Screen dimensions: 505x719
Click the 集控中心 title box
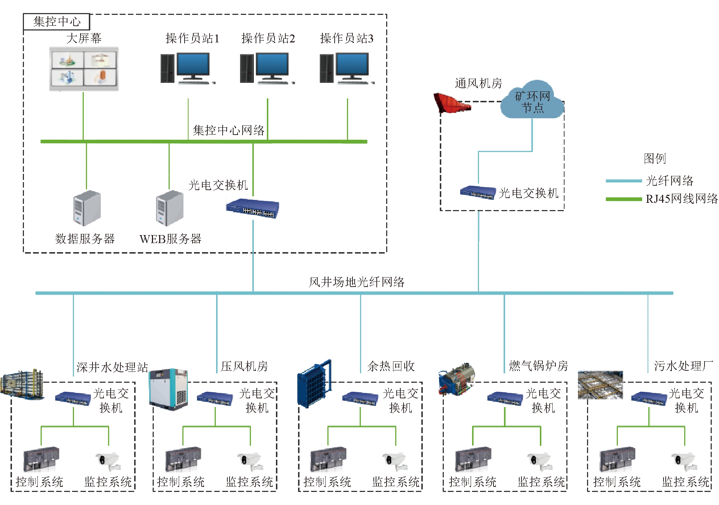pos(56,22)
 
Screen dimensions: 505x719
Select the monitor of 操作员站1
pos(193,65)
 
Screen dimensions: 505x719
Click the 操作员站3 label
pos(347,38)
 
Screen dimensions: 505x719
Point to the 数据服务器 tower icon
pos(87,208)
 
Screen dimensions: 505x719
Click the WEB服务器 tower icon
pos(170,208)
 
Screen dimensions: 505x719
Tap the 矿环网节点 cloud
pos(532,101)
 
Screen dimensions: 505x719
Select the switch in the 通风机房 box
pos(478,192)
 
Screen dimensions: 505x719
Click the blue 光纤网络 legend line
pos(624,181)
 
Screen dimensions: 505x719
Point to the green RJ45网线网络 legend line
pos(624,199)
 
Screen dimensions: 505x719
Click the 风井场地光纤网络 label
pos(356,282)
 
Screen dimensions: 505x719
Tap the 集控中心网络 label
pos(228,130)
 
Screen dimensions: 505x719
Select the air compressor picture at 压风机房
pos(169,389)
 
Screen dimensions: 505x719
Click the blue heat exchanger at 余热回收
pos(314,384)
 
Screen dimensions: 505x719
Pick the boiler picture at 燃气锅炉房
pos(456,378)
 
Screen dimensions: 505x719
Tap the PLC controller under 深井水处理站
pos(41,459)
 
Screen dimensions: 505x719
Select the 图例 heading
pos(655,158)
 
